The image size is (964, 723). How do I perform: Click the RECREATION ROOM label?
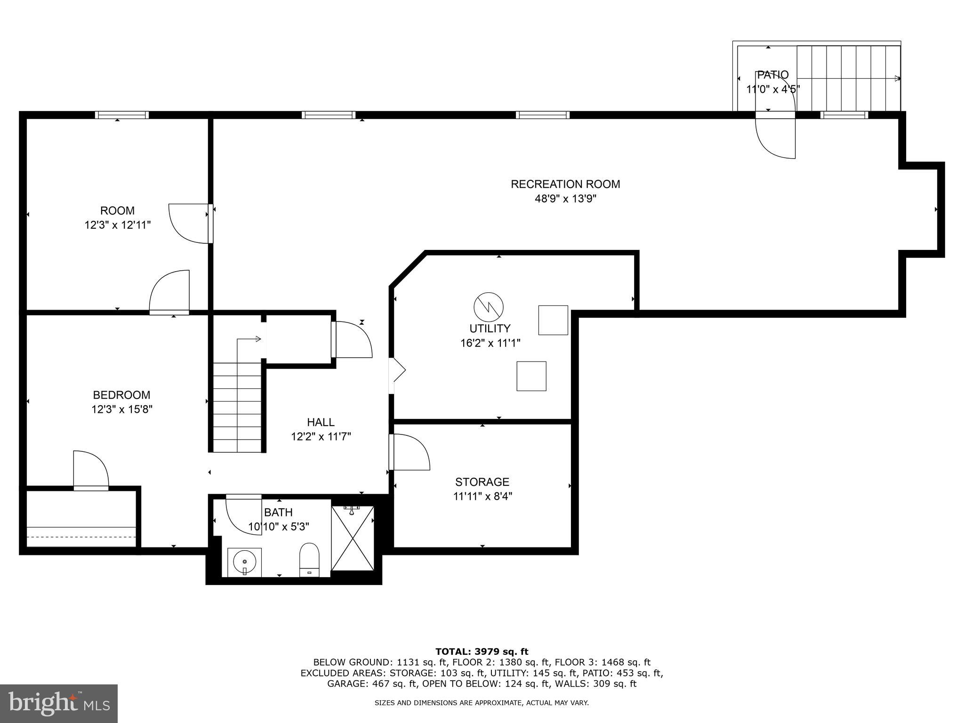pos(565,184)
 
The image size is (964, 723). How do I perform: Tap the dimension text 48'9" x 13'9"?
pos(565,199)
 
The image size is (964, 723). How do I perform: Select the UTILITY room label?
pos(490,329)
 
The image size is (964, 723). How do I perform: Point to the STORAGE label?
pos(482,482)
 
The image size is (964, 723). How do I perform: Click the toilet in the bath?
pos(309,560)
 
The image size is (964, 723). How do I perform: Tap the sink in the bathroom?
pos(244,562)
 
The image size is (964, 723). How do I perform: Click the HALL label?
pos(321,422)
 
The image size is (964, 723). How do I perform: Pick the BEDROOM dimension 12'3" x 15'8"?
pos(122,410)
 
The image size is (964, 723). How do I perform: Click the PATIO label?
pos(772,75)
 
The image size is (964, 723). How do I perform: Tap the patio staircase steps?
pos(847,78)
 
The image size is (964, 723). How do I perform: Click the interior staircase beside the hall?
pos(237,407)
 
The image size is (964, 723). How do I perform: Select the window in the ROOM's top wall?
pos(122,115)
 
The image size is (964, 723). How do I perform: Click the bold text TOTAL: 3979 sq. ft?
pos(482,651)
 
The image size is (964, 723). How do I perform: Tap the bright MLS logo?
pos(59,703)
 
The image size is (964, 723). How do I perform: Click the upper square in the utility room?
pos(553,320)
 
